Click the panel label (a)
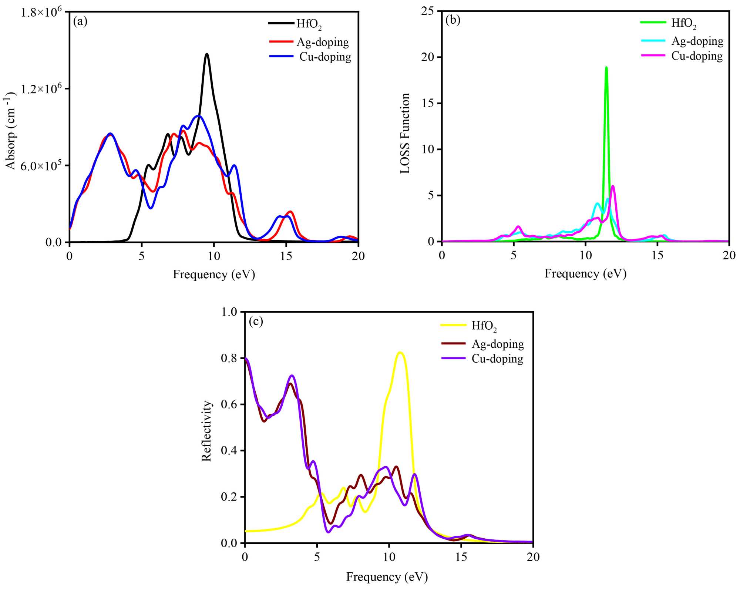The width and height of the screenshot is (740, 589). (80, 22)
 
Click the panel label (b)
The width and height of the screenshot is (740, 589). (453, 20)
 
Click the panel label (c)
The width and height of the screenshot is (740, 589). (256, 321)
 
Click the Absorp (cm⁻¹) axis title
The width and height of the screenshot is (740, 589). (10, 131)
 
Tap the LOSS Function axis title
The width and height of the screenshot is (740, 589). (405, 133)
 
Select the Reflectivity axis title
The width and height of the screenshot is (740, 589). (206, 431)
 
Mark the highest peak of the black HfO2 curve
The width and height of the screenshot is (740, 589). (207, 54)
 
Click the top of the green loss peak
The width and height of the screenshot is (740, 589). (606, 67)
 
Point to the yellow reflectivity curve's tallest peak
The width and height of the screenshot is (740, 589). (400, 352)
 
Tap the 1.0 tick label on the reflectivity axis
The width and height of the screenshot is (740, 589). (229, 312)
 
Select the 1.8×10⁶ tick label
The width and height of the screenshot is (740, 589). (41, 13)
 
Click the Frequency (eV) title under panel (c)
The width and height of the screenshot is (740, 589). (387, 576)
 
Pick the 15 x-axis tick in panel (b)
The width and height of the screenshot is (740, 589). (657, 255)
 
